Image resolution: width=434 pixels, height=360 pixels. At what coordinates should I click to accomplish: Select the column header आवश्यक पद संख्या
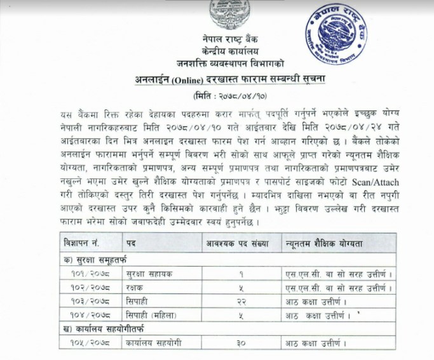pos(236,244)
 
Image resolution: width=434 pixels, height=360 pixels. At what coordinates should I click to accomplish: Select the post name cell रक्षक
pos(136,286)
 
